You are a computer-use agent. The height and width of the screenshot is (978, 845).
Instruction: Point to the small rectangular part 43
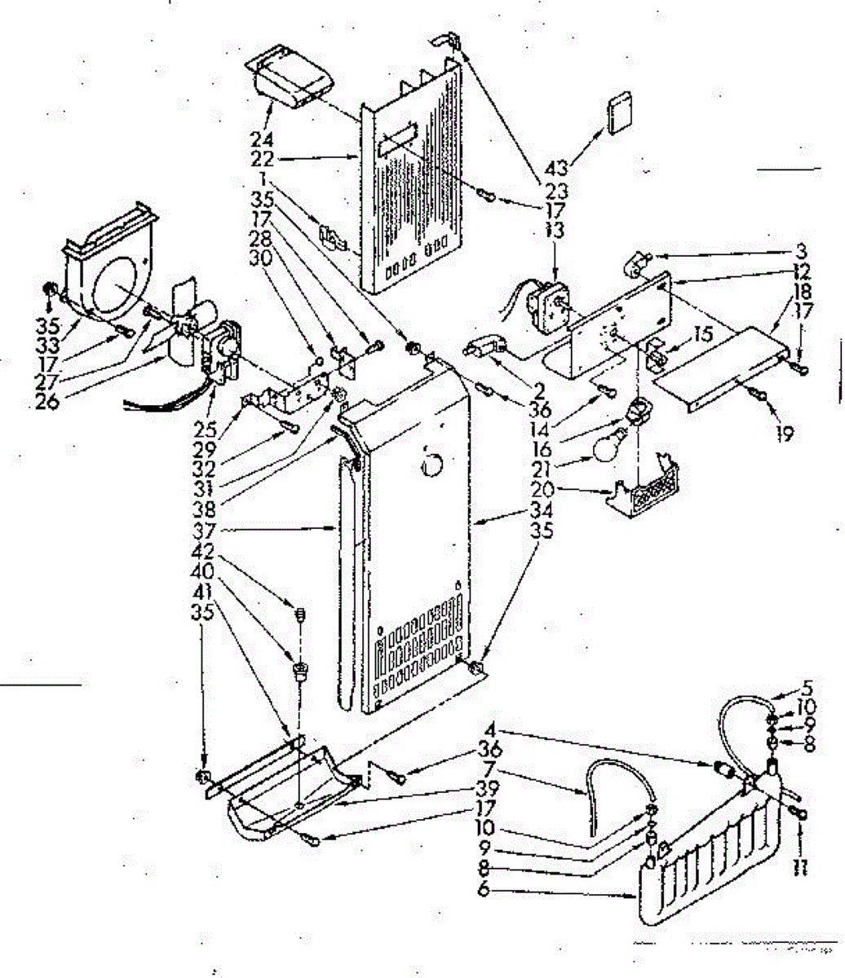tap(622, 112)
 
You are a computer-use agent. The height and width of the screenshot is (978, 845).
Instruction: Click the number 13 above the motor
tap(555, 231)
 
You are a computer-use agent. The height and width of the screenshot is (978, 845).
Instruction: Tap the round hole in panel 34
tap(432, 467)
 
